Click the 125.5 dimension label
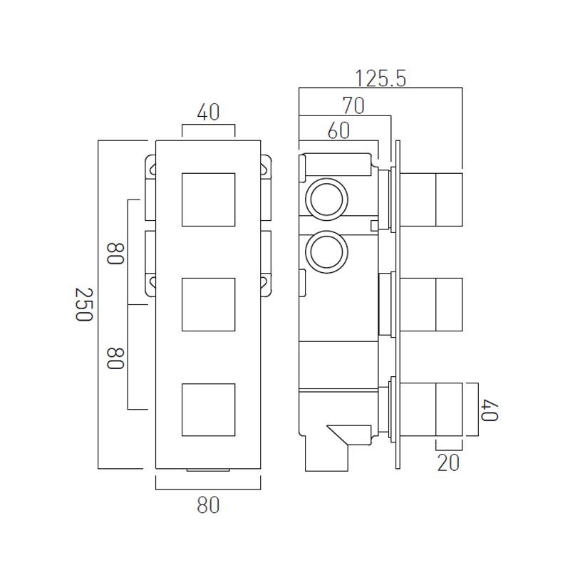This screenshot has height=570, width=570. (x=380, y=79)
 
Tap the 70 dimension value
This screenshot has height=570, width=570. (x=353, y=105)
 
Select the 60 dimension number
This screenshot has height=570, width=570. (x=338, y=130)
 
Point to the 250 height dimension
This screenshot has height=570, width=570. (x=84, y=304)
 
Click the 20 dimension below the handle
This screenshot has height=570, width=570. (x=448, y=462)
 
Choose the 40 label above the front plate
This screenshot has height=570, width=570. (x=208, y=113)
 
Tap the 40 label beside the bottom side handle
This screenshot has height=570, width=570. (x=489, y=410)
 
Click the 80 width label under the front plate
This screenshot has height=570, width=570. (x=208, y=505)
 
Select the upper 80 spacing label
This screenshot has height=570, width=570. (x=115, y=254)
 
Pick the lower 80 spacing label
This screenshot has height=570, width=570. (x=115, y=358)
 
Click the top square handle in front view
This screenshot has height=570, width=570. (x=208, y=199)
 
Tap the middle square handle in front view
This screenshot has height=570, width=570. (x=208, y=305)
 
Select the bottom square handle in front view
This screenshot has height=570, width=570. (x=208, y=410)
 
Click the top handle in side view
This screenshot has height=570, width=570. (x=431, y=199)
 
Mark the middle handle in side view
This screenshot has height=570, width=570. (x=431, y=305)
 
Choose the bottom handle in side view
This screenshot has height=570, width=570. (x=431, y=409)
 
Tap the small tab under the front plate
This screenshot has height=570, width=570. (x=208, y=470)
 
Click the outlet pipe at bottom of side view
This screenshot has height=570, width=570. (x=326, y=459)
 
